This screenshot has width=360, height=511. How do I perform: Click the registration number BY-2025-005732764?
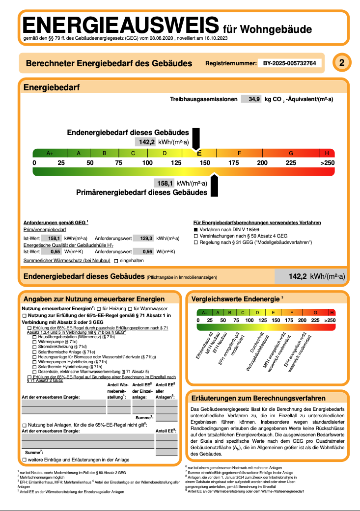290,63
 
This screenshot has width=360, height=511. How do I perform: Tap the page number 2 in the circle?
342,63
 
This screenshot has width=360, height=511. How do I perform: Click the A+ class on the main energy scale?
50,153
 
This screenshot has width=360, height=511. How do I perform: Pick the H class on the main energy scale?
327,153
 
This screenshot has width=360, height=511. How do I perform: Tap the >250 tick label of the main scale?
327,162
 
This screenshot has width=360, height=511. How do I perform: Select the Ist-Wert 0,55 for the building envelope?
55,251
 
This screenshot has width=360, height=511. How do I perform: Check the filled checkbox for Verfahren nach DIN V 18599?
195,229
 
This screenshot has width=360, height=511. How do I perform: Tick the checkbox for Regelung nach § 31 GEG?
195,242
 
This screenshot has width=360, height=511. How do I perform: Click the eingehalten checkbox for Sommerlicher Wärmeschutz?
116,261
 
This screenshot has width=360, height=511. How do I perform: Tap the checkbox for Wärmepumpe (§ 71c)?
34,342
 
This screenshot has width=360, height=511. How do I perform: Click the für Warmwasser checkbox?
123,308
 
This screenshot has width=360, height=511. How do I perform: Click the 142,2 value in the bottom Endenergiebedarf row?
297,277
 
